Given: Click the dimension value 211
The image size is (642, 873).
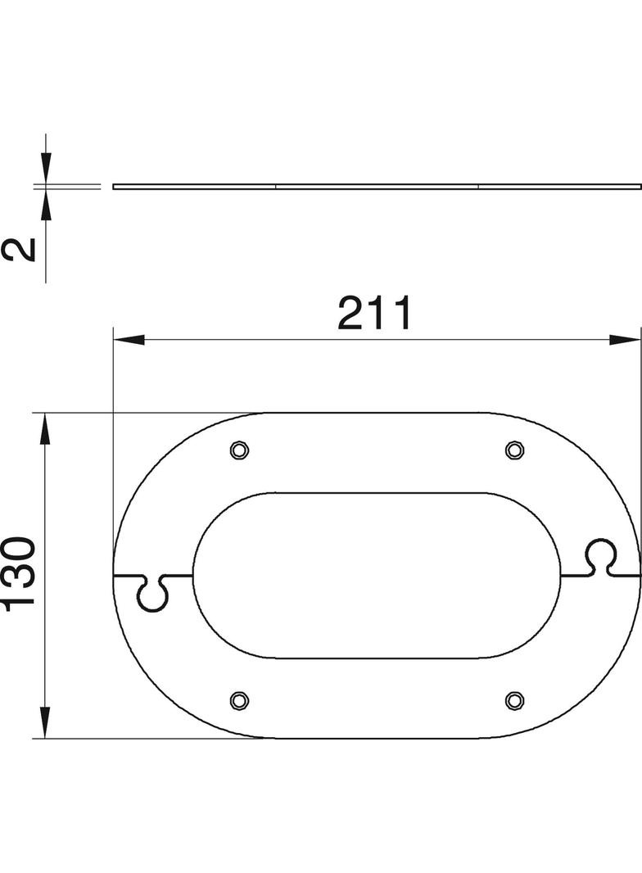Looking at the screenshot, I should (x=376, y=314).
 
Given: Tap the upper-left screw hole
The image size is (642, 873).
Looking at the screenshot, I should (x=238, y=450).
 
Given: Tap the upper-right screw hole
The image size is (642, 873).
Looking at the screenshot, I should (x=513, y=450).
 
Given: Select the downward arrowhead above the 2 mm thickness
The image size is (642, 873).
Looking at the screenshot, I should (x=45, y=170).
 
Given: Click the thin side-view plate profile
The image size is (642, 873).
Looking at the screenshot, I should (x=377, y=186).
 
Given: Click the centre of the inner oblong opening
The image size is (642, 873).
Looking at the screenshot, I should (x=376, y=575).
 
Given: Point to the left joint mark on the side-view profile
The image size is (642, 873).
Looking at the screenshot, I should (x=276, y=186).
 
